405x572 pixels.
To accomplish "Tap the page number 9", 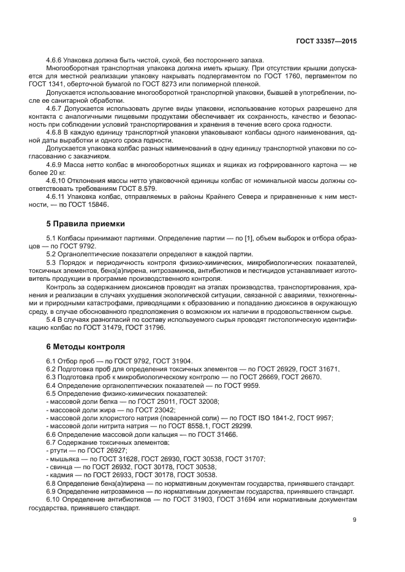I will (355, 520).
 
